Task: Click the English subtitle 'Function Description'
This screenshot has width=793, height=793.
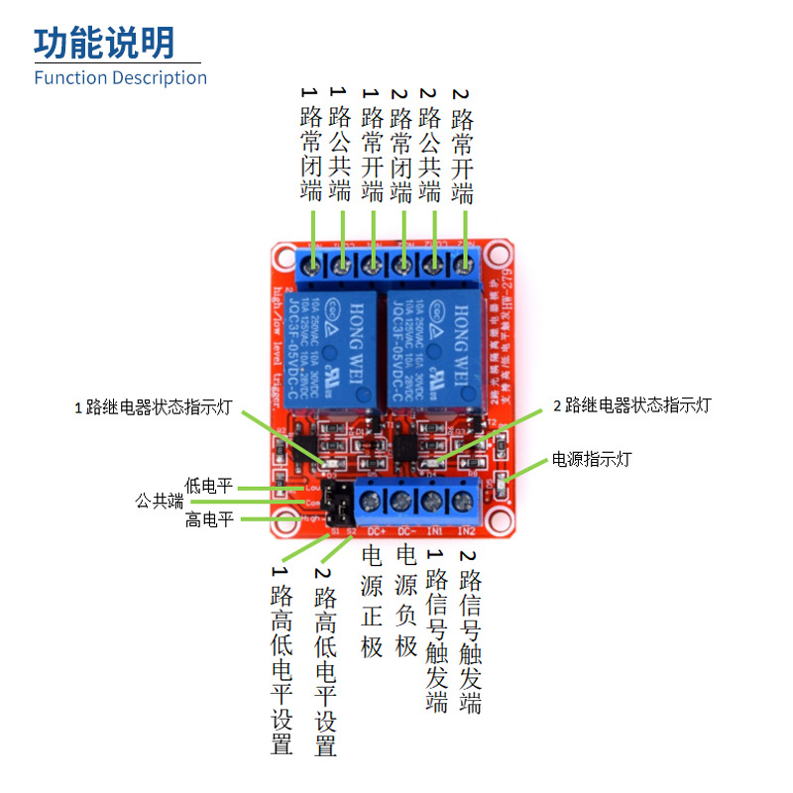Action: pos(120,77)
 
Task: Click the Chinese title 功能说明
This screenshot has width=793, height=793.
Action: pos(104,42)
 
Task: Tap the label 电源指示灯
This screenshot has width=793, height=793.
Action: pos(591,459)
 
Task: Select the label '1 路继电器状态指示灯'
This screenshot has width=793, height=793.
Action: pos(154,406)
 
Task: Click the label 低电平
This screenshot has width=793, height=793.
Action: pos(208,486)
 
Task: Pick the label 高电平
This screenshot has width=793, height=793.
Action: pos(208,519)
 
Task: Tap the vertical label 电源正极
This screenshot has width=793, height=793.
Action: pos(372,601)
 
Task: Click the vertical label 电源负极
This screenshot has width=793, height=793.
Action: pos(406,601)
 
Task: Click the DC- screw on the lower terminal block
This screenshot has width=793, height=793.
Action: pos(402,500)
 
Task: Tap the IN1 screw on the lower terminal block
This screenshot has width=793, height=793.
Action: pos(433,500)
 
